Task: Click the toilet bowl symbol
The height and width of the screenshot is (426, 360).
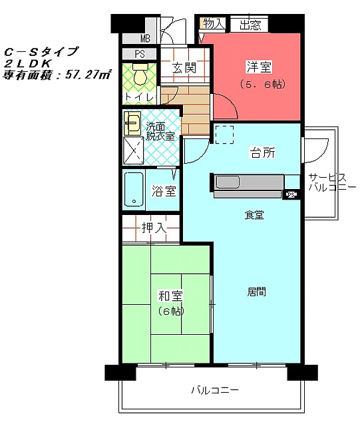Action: (x=140, y=74)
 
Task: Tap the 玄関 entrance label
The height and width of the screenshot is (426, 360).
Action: (x=184, y=67)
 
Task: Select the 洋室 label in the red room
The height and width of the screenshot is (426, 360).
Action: (x=259, y=67)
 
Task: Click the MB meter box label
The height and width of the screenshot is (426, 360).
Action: (x=145, y=39)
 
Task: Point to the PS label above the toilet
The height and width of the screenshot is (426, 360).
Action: (x=140, y=54)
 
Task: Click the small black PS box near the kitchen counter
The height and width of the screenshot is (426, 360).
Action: (x=291, y=194)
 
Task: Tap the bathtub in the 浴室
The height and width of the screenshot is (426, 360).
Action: (x=134, y=189)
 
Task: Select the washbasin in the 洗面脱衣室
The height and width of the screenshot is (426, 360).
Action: (x=132, y=123)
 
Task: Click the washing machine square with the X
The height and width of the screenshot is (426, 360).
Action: (x=133, y=150)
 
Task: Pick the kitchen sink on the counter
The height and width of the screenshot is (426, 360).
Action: (x=228, y=182)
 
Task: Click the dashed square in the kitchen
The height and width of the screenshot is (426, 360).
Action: (x=224, y=134)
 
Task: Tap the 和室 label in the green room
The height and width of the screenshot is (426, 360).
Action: (x=170, y=296)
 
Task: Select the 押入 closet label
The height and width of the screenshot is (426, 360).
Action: (x=154, y=228)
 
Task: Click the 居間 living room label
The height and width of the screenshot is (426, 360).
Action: (x=256, y=292)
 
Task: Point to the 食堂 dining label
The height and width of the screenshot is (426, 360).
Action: (x=254, y=215)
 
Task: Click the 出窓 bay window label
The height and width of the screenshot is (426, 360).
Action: (x=250, y=25)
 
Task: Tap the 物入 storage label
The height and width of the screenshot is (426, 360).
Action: (x=214, y=23)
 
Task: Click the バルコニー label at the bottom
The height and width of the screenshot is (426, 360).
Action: (x=215, y=391)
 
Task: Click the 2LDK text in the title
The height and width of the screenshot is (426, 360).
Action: (x=28, y=63)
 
